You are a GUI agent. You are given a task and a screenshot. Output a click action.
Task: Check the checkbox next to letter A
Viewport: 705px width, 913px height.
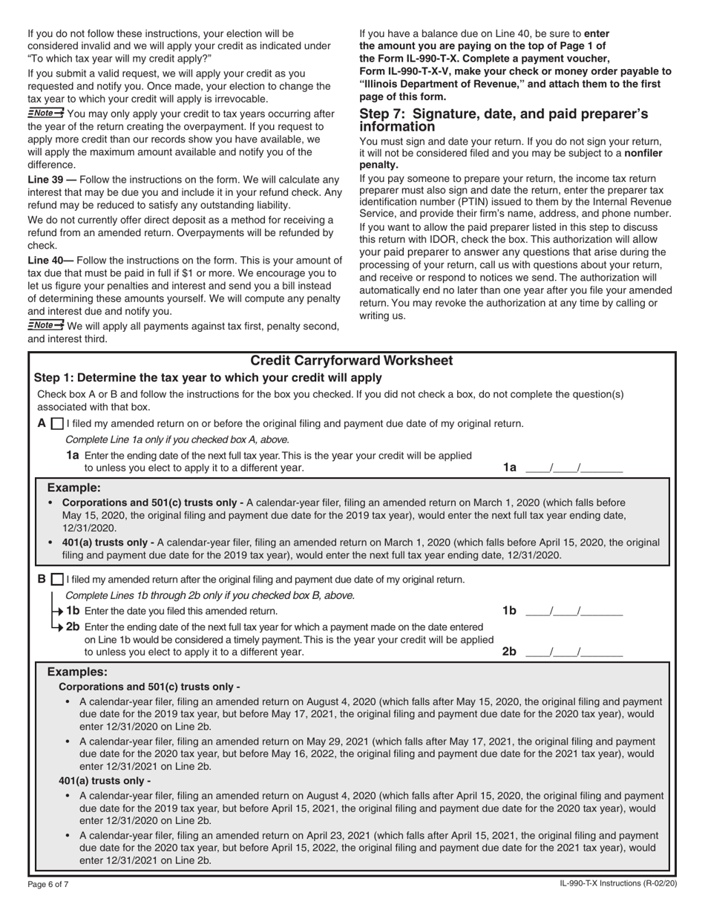point(57,424)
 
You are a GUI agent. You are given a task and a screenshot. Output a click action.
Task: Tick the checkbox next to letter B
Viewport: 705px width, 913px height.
point(57,580)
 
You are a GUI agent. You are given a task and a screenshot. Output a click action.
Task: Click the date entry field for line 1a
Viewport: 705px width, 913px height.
point(574,468)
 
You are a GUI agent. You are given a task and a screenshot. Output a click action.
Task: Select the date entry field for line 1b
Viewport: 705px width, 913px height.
point(574,611)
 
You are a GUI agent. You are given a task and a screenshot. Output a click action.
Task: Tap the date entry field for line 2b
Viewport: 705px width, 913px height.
point(574,652)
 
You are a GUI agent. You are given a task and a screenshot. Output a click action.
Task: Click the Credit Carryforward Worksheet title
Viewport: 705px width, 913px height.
point(352,361)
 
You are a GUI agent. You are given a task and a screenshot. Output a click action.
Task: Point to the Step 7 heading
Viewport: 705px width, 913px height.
point(503,120)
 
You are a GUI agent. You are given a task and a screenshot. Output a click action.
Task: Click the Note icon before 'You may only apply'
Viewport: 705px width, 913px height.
point(46,113)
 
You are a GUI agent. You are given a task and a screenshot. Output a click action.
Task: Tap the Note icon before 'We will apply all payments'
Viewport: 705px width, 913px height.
point(46,325)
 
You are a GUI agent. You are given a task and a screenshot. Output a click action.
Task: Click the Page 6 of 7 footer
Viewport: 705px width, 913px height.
point(48,884)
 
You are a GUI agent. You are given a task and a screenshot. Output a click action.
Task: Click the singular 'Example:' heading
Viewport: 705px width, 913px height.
point(73,488)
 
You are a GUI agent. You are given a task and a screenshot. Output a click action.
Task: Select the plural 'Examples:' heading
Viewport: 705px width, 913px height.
point(77,671)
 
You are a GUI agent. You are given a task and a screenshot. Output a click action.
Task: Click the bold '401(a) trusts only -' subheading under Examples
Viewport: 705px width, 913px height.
point(105,781)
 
